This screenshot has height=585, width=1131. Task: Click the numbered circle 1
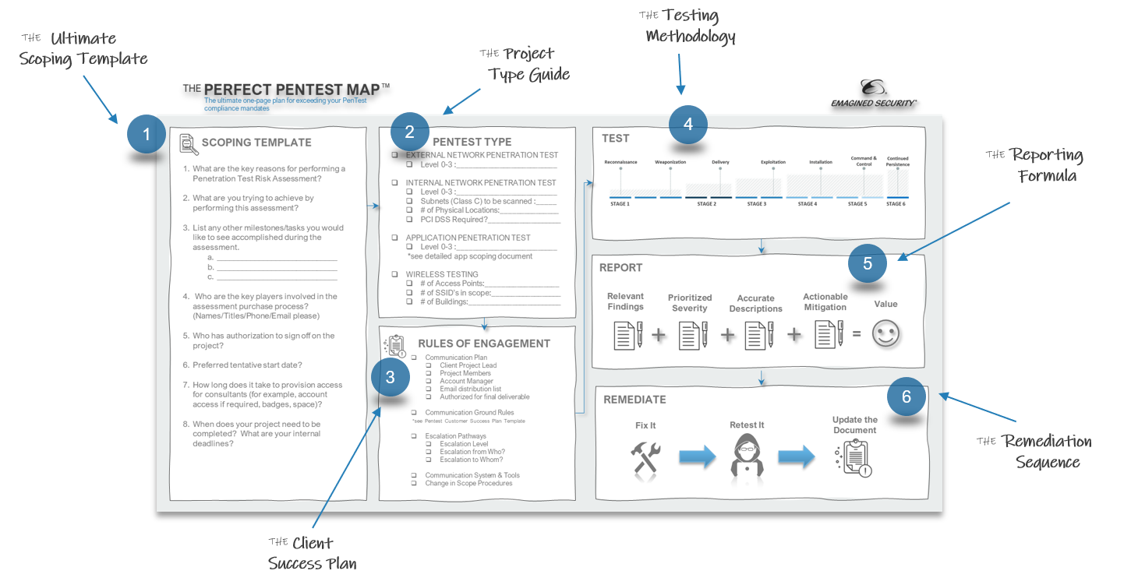(x=146, y=135)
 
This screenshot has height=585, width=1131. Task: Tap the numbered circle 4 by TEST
(x=687, y=125)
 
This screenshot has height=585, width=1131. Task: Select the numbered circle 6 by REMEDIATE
(x=906, y=397)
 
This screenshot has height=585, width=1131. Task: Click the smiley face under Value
(x=885, y=334)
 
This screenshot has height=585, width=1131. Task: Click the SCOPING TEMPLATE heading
(x=256, y=143)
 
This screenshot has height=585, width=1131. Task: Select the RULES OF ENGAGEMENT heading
(x=483, y=344)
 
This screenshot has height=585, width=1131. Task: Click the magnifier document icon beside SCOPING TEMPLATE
(x=188, y=144)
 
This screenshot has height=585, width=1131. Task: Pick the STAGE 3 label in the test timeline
(x=755, y=204)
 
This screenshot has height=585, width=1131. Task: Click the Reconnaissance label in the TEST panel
(x=620, y=162)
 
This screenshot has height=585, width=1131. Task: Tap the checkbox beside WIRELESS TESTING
(x=395, y=274)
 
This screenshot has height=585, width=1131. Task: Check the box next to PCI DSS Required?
(x=410, y=220)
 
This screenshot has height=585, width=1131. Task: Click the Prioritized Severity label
(x=690, y=303)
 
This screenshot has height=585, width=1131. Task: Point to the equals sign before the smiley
(x=856, y=334)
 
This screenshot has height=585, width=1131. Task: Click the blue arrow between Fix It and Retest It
(x=697, y=457)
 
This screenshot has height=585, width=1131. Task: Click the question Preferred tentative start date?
(x=247, y=365)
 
